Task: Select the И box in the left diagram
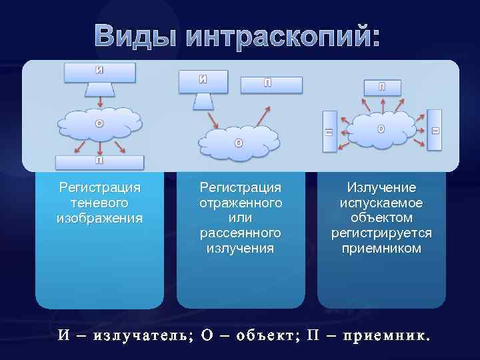[x=100, y=72]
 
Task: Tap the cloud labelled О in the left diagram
[x=100, y=123]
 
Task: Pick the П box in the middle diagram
[x=271, y=84]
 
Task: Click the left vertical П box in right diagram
[x=329, y=132]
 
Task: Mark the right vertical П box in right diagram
[x=435, y=131]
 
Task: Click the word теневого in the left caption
[x=99, y=202]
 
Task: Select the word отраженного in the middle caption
[x=241, y=202]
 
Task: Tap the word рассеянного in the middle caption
[x=241, y=233]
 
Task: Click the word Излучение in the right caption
[x=381, y=187]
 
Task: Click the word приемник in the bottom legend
[x=381, y=335]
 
